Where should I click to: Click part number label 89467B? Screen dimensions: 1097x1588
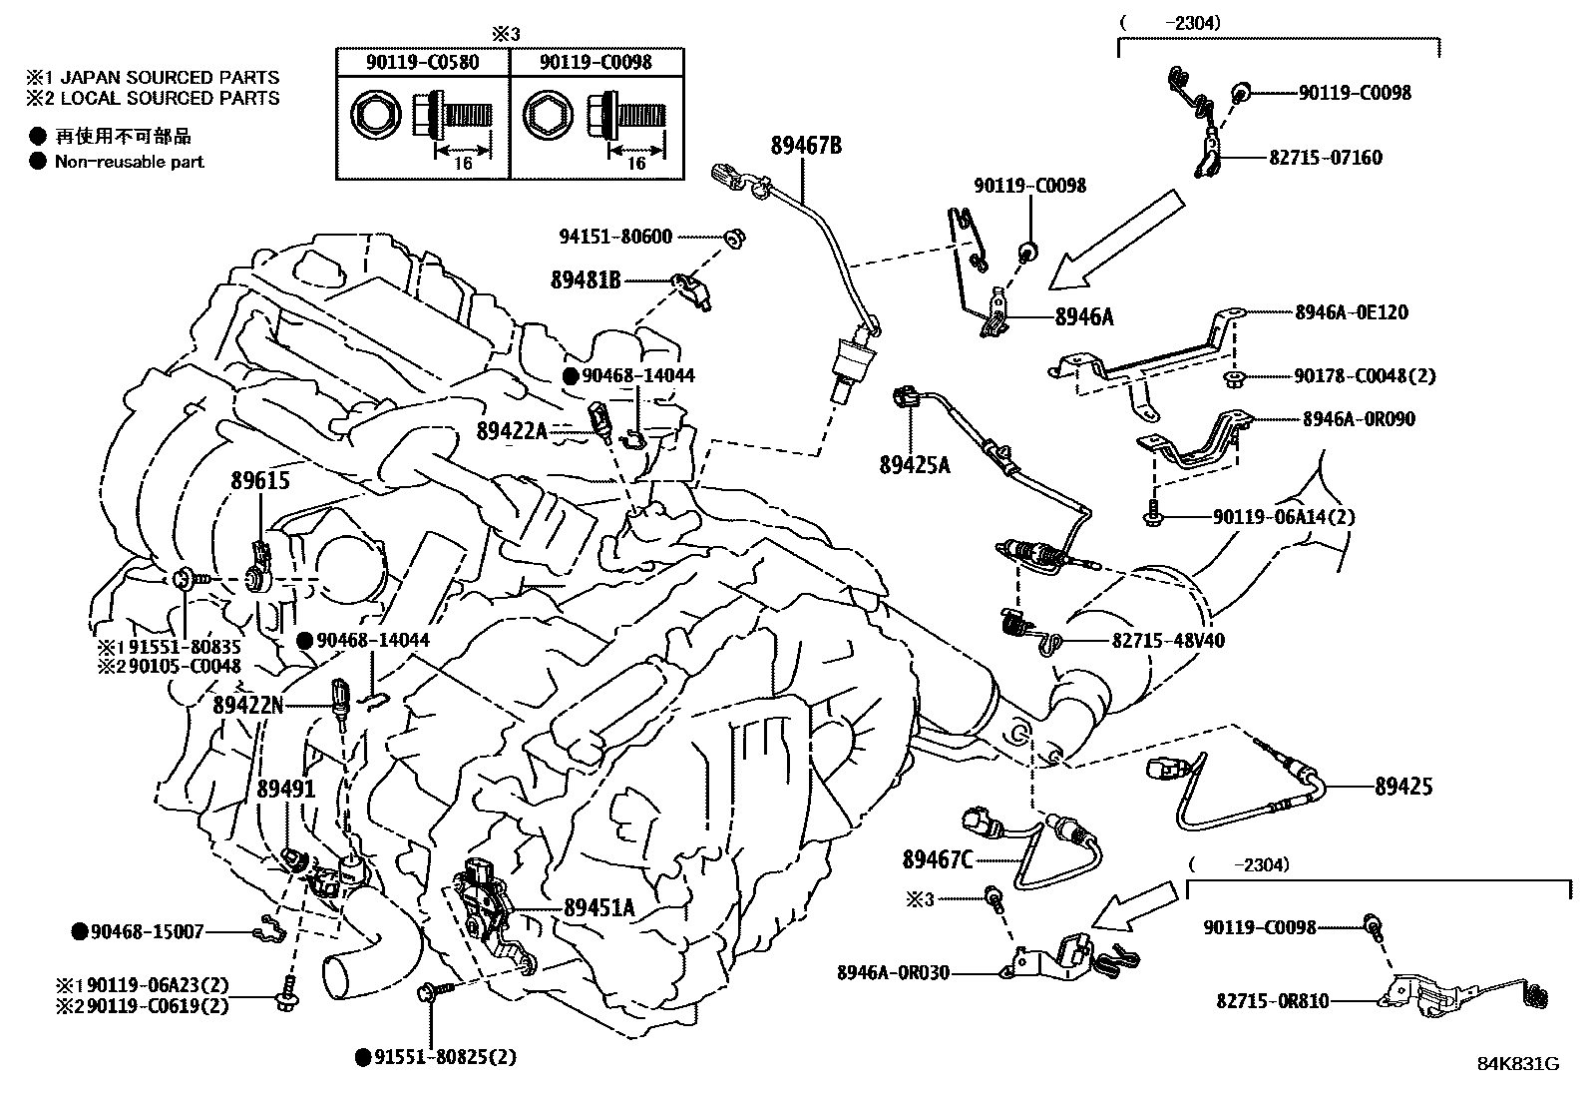coord(805,147)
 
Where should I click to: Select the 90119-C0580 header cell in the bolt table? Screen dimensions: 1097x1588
coord(424,62)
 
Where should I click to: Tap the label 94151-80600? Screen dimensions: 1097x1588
coord(629,237)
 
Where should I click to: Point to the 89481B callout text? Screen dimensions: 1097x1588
coord(586,281)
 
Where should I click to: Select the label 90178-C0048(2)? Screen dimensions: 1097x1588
coord(1365,376)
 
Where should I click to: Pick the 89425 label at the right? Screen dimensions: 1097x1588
coord(1402,787)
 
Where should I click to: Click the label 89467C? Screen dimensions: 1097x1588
coord(938,858)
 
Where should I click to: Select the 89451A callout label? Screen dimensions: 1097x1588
coord(599,907)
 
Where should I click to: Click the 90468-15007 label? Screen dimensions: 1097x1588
coord(147,931)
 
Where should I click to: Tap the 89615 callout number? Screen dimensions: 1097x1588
coord(260,481)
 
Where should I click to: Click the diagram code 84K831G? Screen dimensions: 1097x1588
coord(1517,1064)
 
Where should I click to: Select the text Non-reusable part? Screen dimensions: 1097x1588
coord(129,162)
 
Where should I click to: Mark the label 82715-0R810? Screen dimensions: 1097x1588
coord(1272,1000)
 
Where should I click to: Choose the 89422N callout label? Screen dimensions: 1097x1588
coord(247,705)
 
